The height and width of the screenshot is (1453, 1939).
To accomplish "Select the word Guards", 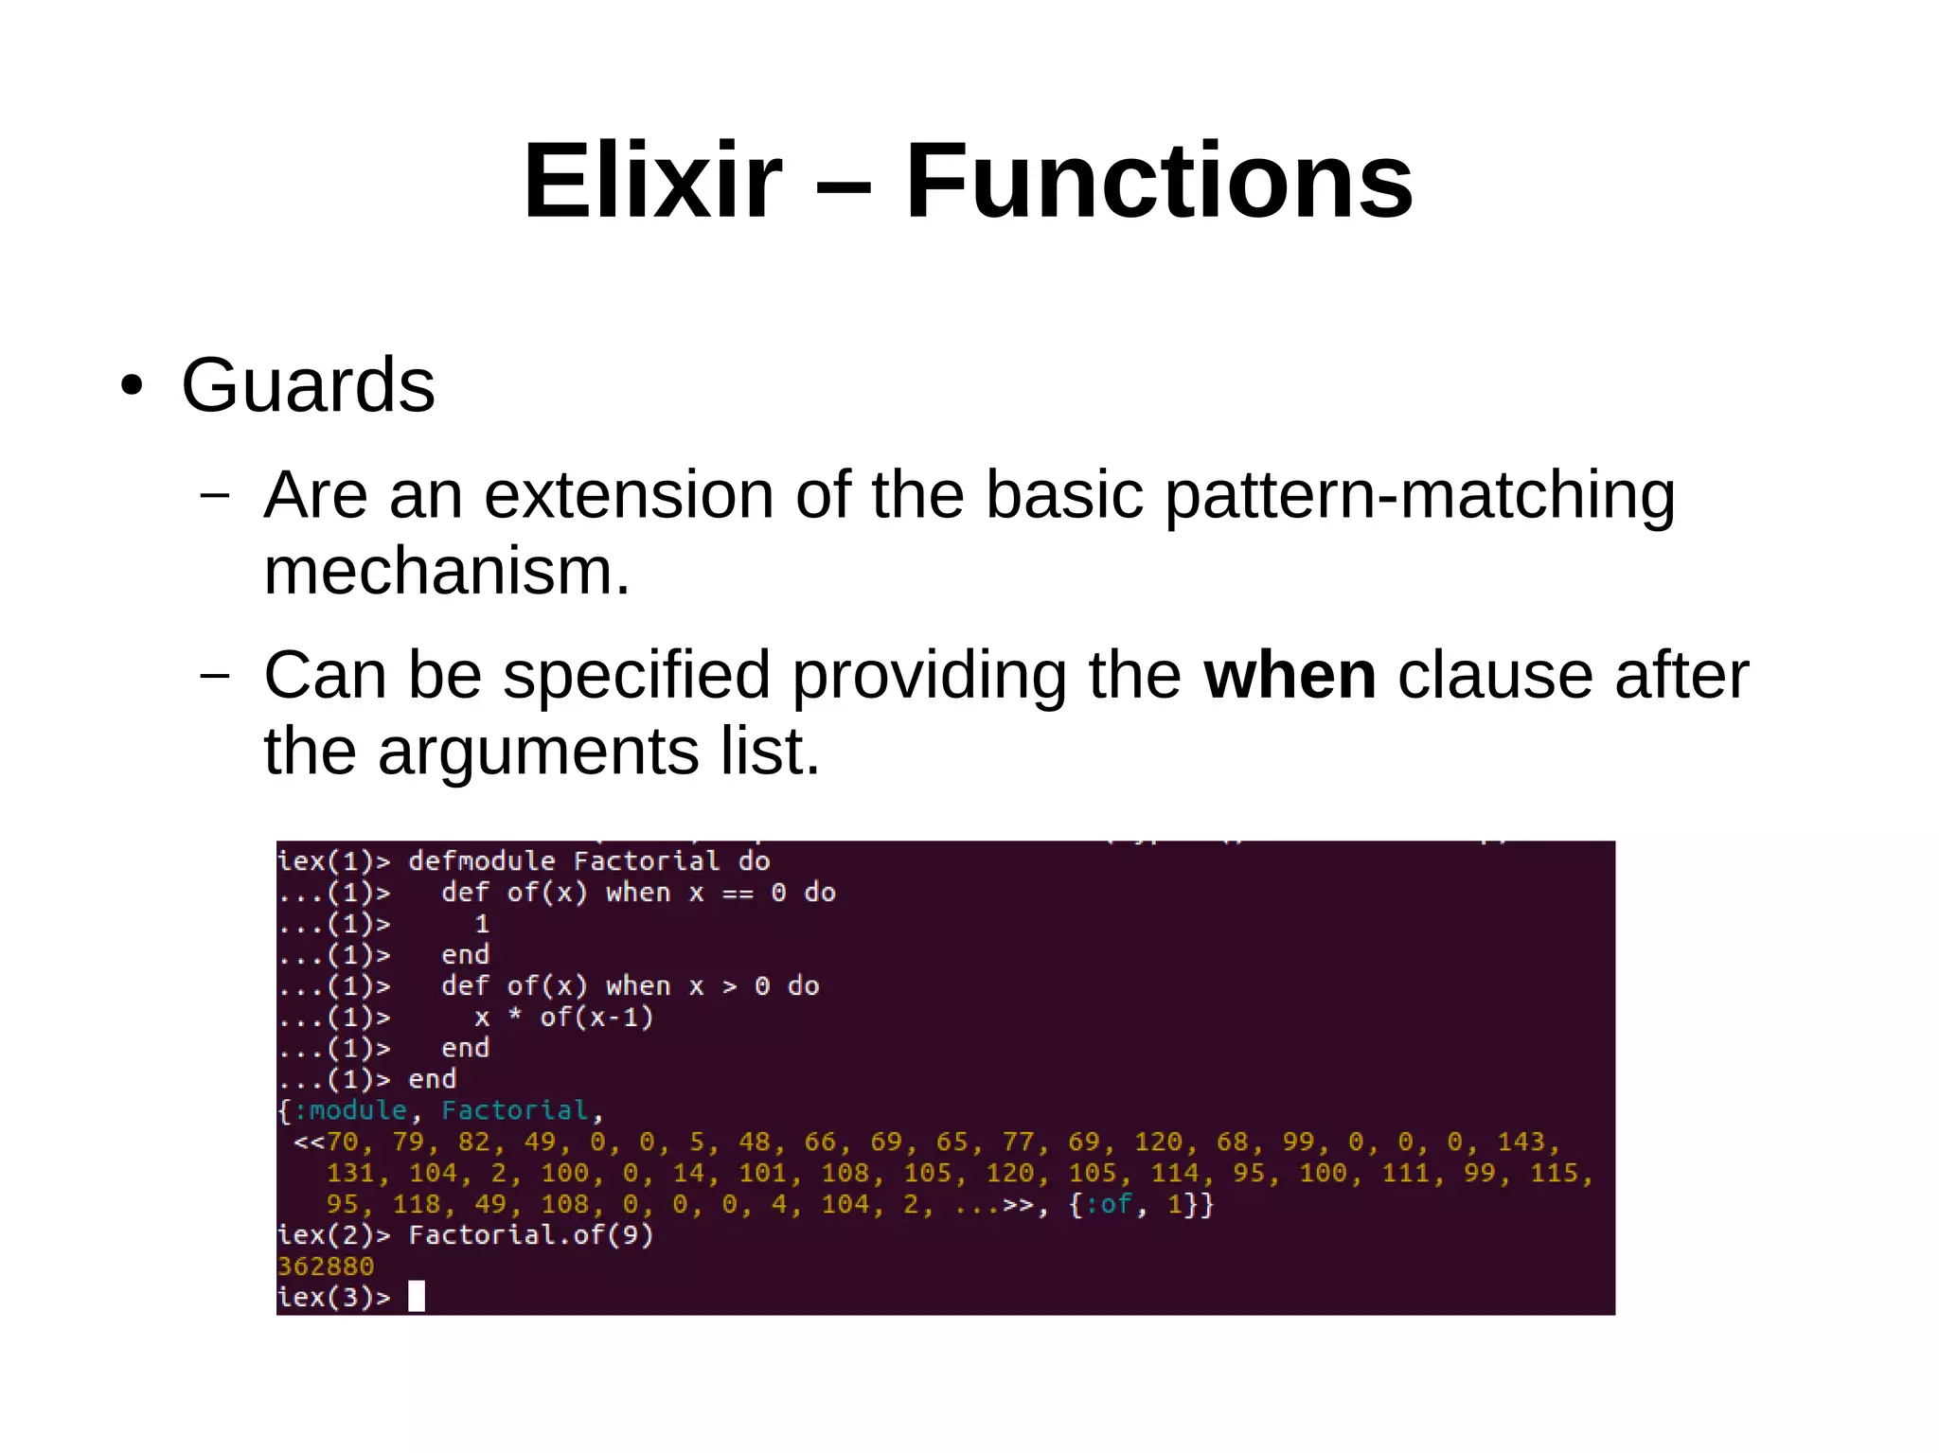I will (x=308, y=385).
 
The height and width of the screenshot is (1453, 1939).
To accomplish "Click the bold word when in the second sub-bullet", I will (x=1289, y=676).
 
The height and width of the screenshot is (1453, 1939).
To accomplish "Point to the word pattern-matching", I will (x=1419, y=495).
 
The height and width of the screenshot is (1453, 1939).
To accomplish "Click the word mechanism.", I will (x=446, y=572).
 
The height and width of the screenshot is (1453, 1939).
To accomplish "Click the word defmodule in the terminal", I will (x=481, y=861).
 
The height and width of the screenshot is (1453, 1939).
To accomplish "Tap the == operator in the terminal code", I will (x=738, y=894).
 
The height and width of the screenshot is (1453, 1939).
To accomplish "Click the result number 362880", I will (x=326, y=1267).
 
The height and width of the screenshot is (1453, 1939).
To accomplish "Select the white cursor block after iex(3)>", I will (x=417, y=1296).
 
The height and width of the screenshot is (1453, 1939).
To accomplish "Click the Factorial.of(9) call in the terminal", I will (x=530, y=1235).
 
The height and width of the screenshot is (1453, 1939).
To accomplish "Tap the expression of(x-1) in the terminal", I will (x=596, y=1018).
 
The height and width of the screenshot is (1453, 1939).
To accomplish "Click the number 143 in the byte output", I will (x=1521, y=1142).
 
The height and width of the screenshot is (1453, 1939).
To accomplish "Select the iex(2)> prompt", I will (x=333, y=1235).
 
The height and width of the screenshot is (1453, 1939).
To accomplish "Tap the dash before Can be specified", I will (x=215, y=676).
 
